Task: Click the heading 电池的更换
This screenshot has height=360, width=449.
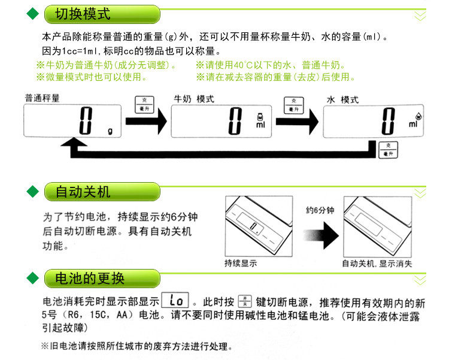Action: pyautogui.click(x=90, y=279)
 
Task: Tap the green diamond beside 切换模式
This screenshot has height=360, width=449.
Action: pyautogui.click(x=34, y=14)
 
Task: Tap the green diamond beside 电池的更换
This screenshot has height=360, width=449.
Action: pyautogui.click(x=34, y=279)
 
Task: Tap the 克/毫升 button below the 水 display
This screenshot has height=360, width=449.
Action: pyautogui.click(x=388, y=150)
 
